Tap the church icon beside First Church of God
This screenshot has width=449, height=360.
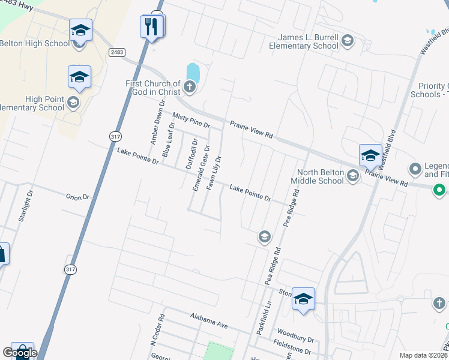point(190,88)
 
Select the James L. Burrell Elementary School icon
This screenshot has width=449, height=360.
point(347,41)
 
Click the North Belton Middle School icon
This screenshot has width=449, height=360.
point(352,175)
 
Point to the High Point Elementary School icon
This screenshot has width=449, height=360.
point(73,103)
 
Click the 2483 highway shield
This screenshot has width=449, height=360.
point(117,53)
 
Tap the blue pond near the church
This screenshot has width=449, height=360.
point(193,73)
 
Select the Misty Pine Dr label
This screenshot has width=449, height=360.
point(191,121)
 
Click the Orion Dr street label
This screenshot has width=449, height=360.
point(77,197)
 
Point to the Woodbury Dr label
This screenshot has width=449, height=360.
point(294,333)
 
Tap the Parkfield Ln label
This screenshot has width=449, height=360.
point(260,324)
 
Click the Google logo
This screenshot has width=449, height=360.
point(20,353)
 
